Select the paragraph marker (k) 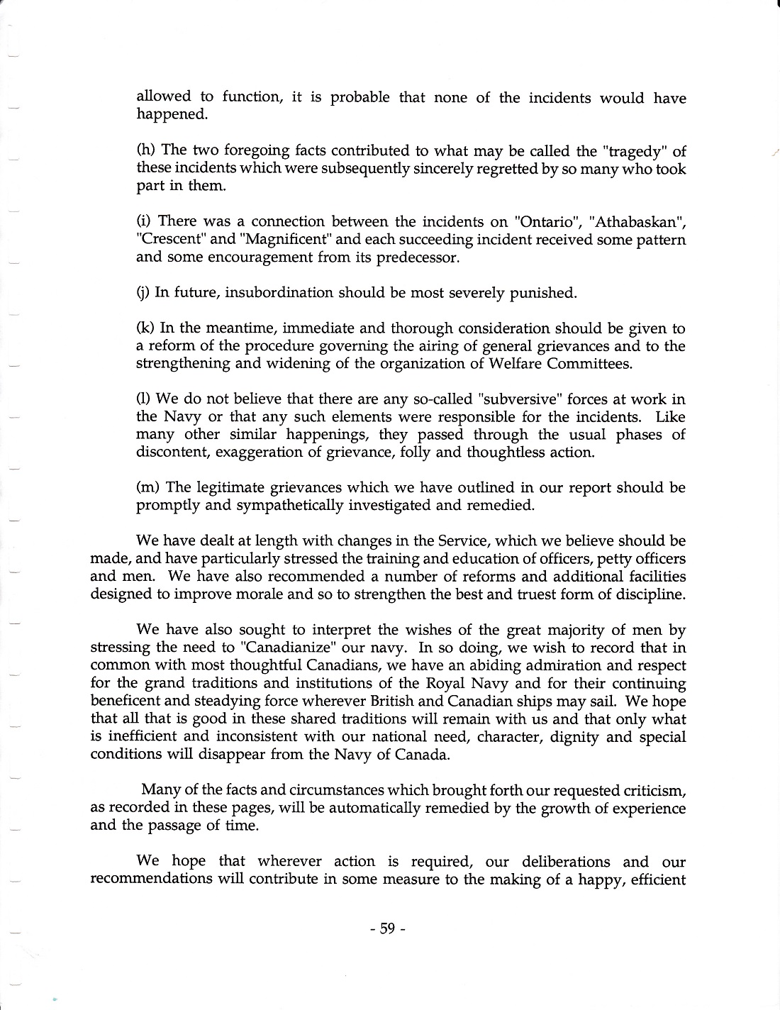point(145,328)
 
